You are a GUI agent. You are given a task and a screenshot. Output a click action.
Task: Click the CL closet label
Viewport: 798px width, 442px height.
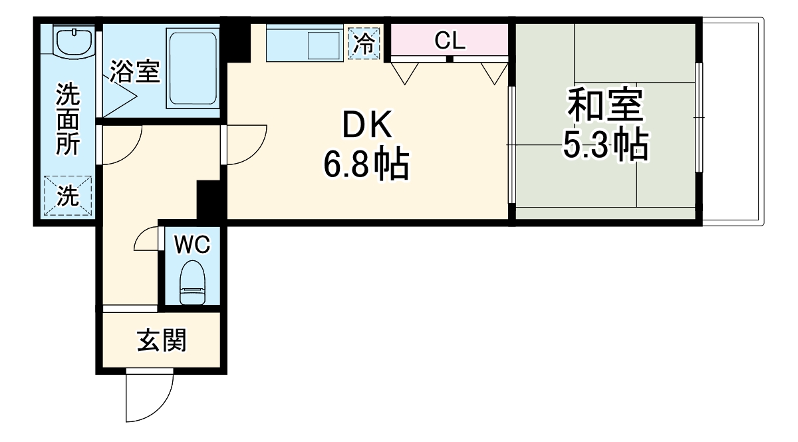(x=450, y=41)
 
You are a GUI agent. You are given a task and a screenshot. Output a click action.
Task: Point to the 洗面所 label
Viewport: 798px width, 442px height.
(x=66, y=120)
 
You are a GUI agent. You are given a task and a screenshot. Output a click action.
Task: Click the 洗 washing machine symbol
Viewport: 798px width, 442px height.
(x=66, y=196)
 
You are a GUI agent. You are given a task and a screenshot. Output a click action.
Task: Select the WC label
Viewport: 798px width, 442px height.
(x=192, y=245)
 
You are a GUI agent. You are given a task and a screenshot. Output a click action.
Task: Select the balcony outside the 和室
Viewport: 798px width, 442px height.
(x=731, y=120)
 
